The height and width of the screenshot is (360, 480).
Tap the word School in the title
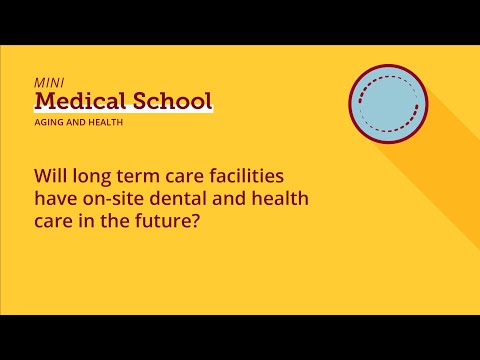point(175,101)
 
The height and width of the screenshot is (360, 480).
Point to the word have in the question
point(55,198)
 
